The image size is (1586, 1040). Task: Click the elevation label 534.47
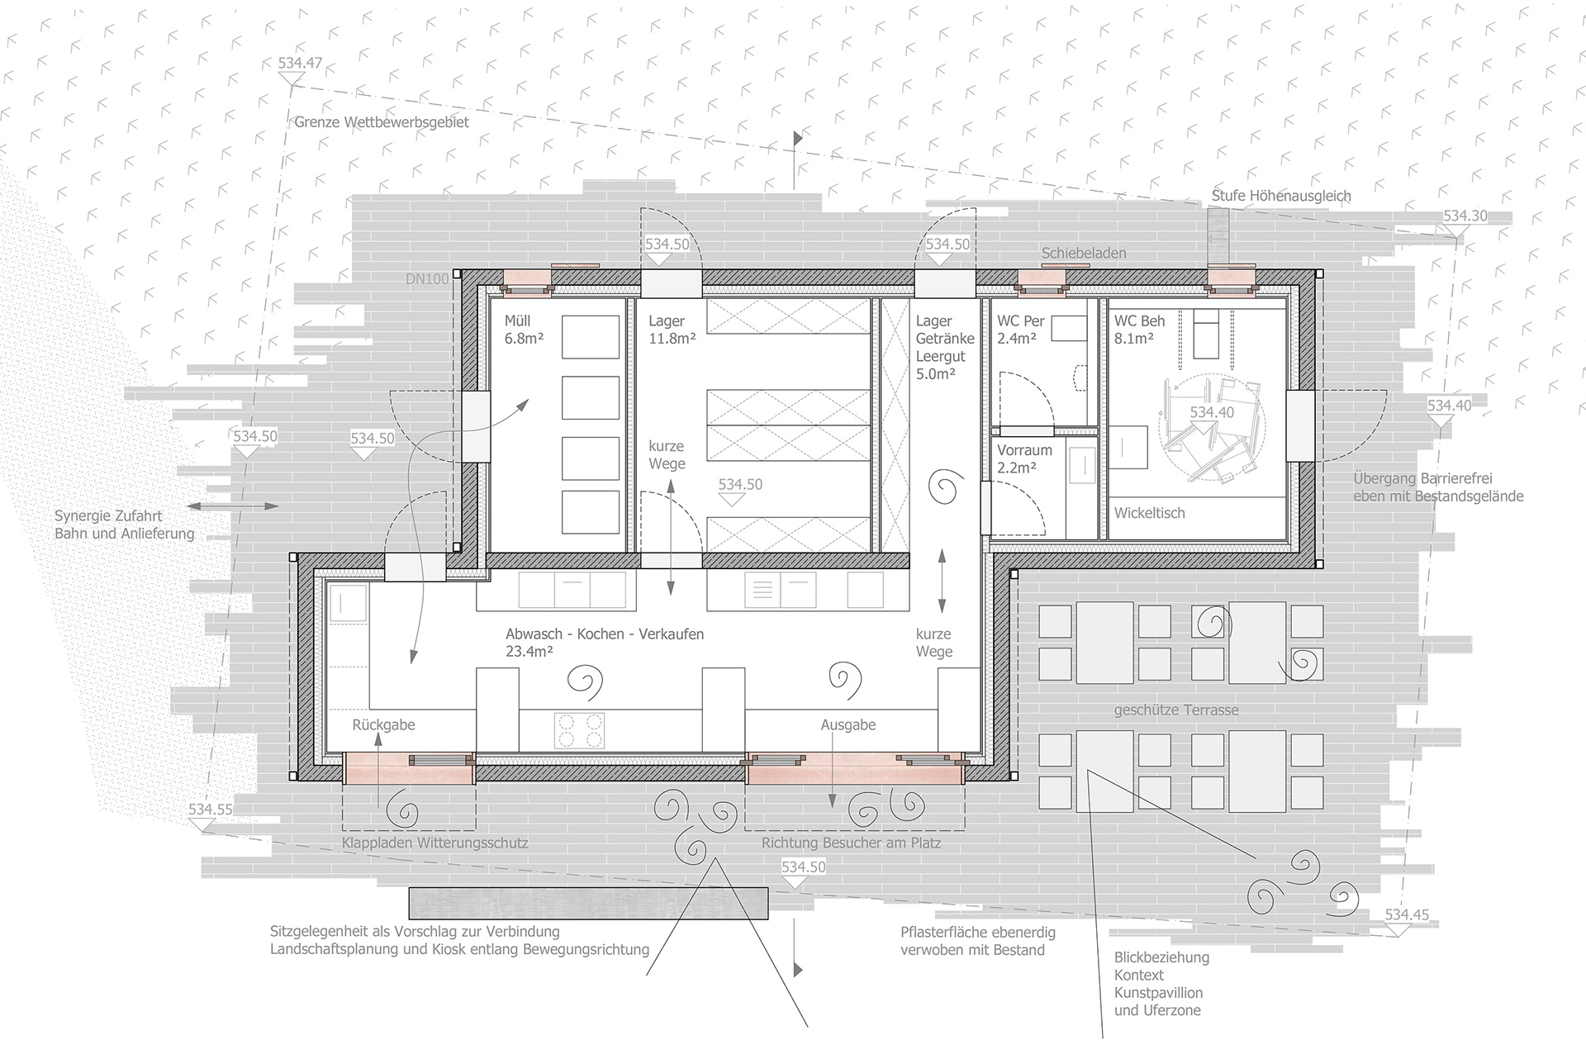point(300,63)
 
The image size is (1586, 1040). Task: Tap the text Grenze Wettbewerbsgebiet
point(382,122)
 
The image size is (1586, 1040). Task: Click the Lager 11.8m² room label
point(672,330)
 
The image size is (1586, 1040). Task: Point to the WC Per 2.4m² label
point(1021,330)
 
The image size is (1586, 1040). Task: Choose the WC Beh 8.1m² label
point(1139,330)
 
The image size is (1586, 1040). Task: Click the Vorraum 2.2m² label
point(1024,458)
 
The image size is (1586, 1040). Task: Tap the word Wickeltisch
point(1149,513)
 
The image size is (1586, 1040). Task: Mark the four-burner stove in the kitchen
point(580,730)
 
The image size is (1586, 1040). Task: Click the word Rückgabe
point(383,725)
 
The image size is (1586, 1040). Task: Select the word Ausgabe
point(848,725)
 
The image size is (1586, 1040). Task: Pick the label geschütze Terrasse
point(1176,710)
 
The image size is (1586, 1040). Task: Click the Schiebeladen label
point(1084,254)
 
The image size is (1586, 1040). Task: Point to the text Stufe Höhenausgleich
point(1281,197)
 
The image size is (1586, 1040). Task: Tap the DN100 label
point(427,279)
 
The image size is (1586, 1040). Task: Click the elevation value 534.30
point(1465,216)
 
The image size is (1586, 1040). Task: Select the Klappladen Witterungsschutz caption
point(434,843)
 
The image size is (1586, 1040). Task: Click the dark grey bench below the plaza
point(589,904)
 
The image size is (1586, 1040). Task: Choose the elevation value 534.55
point(211,810)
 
